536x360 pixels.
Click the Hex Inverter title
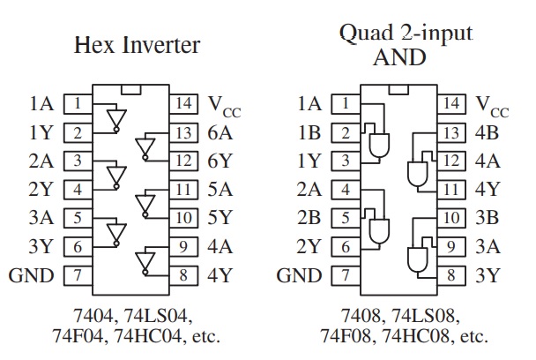pyautogui.click(x=137, y=45)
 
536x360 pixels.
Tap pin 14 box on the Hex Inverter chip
pyautogui.click(x=183, y=104)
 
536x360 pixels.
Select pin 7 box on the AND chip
pyautogui.click(x=346, y=275)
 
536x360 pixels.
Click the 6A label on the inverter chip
pyautogui.click(x=220, y=132)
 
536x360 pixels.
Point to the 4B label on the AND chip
pyautogui.click(x=487, y=132)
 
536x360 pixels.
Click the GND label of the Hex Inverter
pyautogui.click(x=31, y=275)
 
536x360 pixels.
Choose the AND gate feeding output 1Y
pyautogui.click(x=379, y=145)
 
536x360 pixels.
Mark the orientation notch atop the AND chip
pyautogui.click(x=398, y=89)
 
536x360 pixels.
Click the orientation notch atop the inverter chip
pyautogui.click(x=131, y=89)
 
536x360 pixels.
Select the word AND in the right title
pyautogui.click(x=399, y=57)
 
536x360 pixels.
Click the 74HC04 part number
pyautogui.click(x=147, y=336)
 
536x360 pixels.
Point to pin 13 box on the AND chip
pyautogui.click(x=451, y=132)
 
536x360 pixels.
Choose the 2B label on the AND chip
pyautogui.click(x=309, y=218)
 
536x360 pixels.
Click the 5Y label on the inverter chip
pyautogui.click(x=220, y=218)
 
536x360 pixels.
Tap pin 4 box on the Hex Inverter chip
pyautogui.click(x=78, y=190)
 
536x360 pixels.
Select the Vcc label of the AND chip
pyautogui.click(x=492, y=107)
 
